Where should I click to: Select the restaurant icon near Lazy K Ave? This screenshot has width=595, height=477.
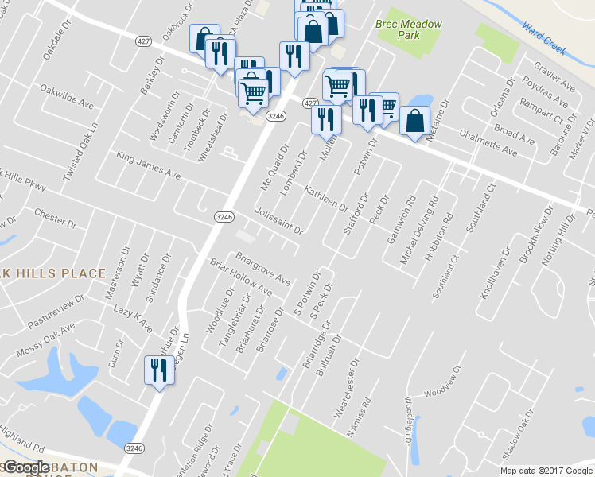(x=157, y=370)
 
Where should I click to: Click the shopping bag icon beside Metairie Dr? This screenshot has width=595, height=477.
(x=414, y=122)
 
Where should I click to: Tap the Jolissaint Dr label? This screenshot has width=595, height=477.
(x=279, y=222)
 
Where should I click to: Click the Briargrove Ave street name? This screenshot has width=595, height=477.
(x=263, y=268)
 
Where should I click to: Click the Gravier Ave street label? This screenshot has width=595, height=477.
(x=554, y=72)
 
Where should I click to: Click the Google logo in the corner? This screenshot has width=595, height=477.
(x=25, y=467)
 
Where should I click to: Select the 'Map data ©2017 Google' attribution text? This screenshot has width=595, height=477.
(x=546, y=471)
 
